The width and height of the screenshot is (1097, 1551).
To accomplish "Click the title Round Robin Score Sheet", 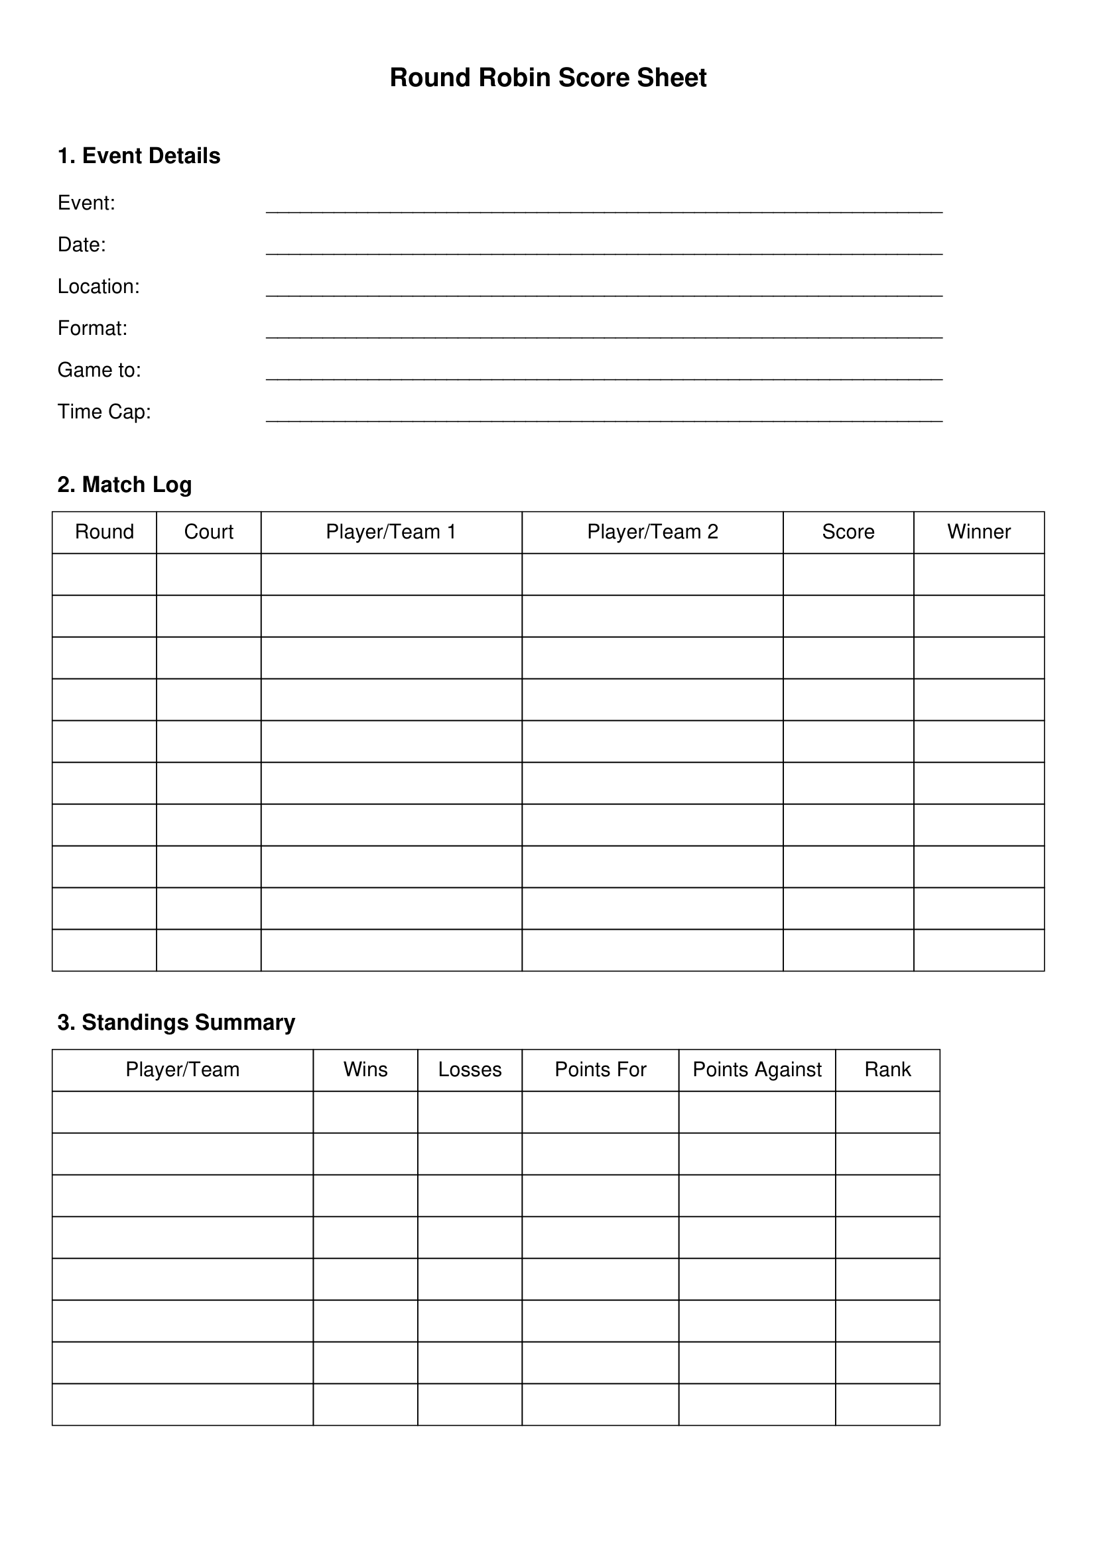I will (x=548, y=78).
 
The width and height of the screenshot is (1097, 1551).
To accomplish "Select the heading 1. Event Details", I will (x=139, y=156).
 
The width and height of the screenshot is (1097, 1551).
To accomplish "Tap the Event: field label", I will (x=86, y=203).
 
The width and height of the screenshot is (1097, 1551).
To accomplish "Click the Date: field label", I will (x=82, y=245).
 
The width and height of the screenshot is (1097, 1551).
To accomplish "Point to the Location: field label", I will (x=99, y=286).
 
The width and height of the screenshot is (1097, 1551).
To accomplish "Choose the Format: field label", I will (x=93, y=328).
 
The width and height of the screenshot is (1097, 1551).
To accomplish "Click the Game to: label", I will (x=99, y=370).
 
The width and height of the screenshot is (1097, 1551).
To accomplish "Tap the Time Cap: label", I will (x=104, y=412).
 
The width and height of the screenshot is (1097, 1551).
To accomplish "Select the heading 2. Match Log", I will (x=125, y=485).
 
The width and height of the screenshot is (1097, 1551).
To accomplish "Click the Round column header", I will (x=105, y=532).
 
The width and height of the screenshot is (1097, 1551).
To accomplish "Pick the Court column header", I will (x=209, y=532).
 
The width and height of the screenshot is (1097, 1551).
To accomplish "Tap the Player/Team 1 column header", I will (x=391, y=532).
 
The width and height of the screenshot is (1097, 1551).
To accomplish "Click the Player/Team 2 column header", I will (x=653, y=532).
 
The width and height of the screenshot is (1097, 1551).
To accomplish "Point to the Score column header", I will (x=848, y=532).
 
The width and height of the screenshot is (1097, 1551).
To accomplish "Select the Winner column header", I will (x=979, y=532).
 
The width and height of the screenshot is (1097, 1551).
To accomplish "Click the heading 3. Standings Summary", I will (x=176, y=1023).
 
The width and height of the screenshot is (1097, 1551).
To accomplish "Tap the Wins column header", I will (x=365, y=1070).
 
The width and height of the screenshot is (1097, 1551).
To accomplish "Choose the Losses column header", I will (x=470, y=1070).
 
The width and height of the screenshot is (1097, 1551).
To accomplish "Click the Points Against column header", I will (x=757, y=1070).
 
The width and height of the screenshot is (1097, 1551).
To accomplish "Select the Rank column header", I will (x=887, y=1070).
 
